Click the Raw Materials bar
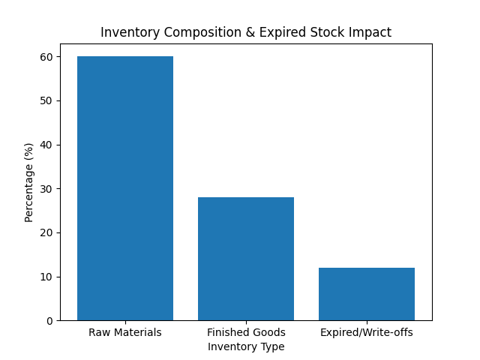125,188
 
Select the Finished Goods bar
246,259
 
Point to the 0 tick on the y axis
49,321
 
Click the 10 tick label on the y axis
46,277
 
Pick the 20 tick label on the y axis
46,232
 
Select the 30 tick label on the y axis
46,189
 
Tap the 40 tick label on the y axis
46,145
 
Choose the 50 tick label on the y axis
46,100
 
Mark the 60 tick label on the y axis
46,57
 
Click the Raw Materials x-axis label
125,332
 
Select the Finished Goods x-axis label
246,332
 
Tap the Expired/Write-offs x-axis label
367,332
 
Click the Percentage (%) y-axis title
29,182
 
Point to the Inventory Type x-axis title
246,346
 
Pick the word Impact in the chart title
373,33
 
